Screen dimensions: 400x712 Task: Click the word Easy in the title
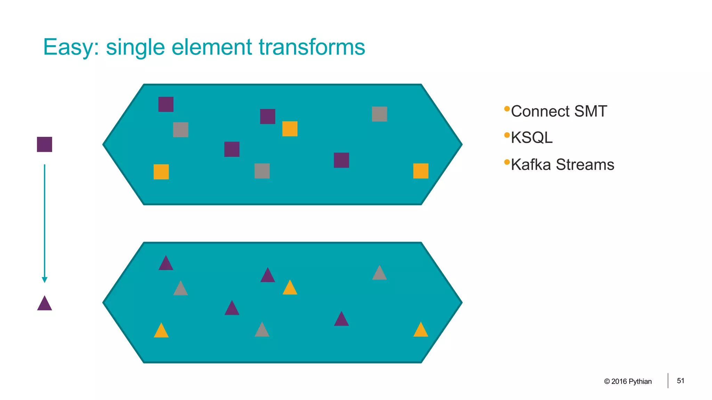(x=68, y=47)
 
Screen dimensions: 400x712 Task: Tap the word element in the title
(x=211, y=47)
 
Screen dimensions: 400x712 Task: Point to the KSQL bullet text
(x=532, y=137)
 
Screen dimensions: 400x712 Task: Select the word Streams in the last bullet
(x=585, y=165)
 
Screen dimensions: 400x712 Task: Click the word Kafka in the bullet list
(x=531, y=165)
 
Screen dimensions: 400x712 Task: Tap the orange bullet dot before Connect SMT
(x=507, y=109)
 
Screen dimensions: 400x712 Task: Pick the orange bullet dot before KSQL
(x=507, y=135)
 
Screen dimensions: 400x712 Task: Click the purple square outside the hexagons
(x=44, y=144)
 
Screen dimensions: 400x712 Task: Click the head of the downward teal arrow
(x=44, y=280)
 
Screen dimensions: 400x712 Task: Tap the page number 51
(x=680, y=381)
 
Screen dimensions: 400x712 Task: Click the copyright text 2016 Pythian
(x=631, y=382)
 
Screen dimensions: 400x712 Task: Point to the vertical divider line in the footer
(x=668, y=381)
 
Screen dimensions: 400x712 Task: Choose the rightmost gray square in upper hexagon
(x=379, y=114)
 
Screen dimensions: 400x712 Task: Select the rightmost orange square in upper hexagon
(x=421, y=171)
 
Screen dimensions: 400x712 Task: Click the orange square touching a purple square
(x=290, y=129)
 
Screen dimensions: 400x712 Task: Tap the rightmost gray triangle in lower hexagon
(x=379, y=274)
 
